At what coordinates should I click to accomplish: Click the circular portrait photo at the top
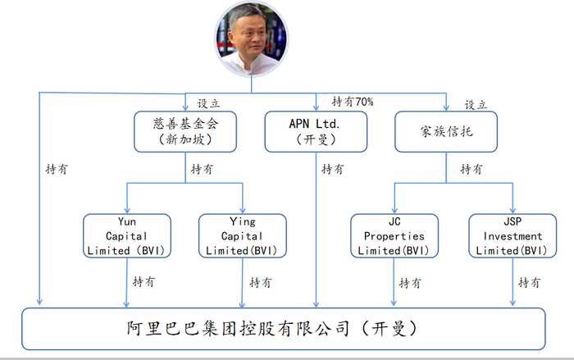pyautogui.click(x=252, y=39)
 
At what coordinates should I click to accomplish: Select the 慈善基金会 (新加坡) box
pyautogui.click(x=185, y=131)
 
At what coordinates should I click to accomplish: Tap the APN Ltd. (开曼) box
pyautogui.click(x=316, y=131)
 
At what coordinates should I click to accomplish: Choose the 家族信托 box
pyautogui.click(x=446, y=131)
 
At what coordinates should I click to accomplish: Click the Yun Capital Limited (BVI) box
pyautogui.click(x=127, y=236)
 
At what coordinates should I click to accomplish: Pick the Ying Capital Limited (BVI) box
pyautogui.click(x=243, y=236)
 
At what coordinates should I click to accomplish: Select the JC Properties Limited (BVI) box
pyautogui.click(x=394, y=236)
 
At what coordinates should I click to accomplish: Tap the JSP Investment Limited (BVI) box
pyautogui.click(x=512, y=236)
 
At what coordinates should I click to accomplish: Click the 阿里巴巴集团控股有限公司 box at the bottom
pyautogui.click(x=284, y=329)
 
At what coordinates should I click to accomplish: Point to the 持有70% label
pyautogui.click(x=353, y=102)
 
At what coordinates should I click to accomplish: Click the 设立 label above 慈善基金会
pyautogui.click(x=208, y=103)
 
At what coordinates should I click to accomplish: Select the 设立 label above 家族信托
pyautogui.click(x=476, y=105)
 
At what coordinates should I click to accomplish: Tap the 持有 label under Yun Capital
pyautogui.click(x=143, y=281)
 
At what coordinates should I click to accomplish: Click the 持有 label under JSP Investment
pyautogui.click(x=530, y=282)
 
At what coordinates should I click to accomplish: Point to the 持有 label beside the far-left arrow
pyautogui.click(x=57, y=169)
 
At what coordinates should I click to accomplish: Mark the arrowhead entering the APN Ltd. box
pyautogui.click(x=316, y=107)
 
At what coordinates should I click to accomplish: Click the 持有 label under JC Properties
pyautogui.click(x=410, y=283)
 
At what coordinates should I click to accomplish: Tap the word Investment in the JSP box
pyautogui.click(x=512, y=236)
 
